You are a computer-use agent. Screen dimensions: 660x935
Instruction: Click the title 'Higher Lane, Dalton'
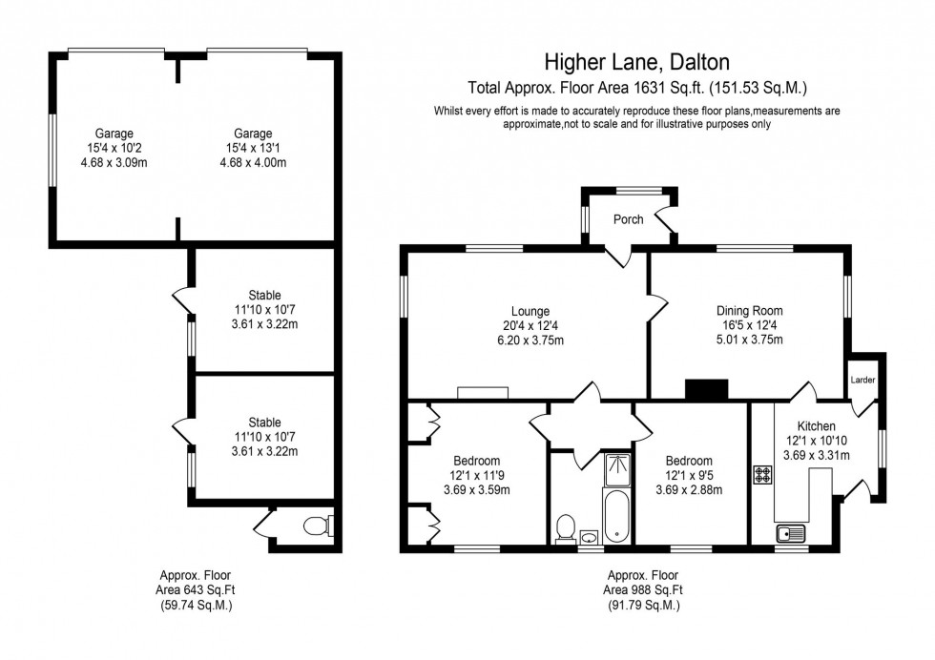pyautogui.click(x=636, y=63)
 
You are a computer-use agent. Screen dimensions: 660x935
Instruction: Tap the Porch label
pyautogui.click(x=628, y=219)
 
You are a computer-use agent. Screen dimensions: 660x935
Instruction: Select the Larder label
pyautogui.click(x=862, y=380)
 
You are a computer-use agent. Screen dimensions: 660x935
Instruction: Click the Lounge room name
pyautogui.click(x=530, y=311)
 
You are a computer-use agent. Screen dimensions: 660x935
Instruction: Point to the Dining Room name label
pyautogui.click(x=749, y=311)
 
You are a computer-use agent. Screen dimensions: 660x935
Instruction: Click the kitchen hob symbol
pyautogui.click(x=763, y=474)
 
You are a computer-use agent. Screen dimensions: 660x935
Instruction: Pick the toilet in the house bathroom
pyautogui.click(x=565, y=527)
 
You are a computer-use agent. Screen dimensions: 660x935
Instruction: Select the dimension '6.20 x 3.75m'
pyautogui.click(x=530, y=340)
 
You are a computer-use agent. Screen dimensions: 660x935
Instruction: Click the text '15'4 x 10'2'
pyautogui.click(x=114, y=148)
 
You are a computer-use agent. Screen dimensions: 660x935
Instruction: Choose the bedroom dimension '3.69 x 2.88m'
pyautogui.click(x=688, y=490)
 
